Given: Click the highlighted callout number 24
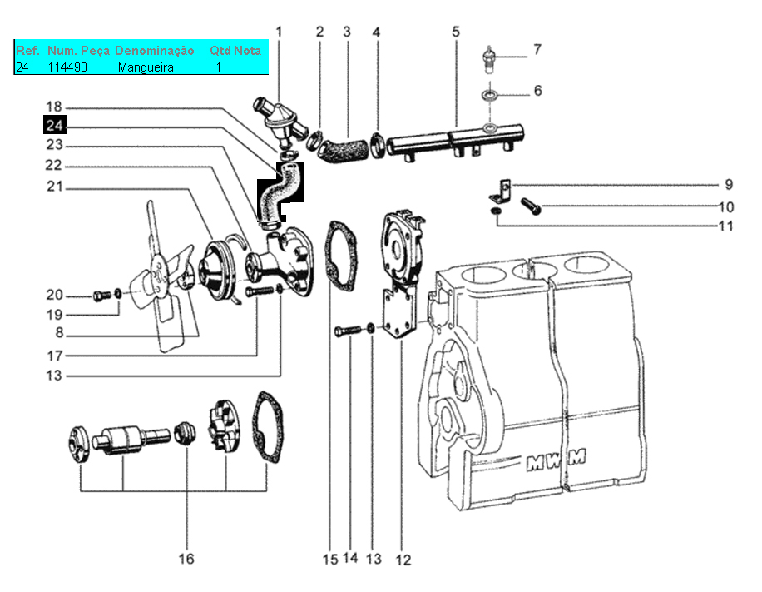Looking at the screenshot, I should point(55,126).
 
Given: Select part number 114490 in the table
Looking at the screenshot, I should point(66,67).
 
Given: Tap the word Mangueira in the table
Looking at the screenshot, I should point(146,67).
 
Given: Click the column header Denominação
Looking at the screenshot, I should point(155,50).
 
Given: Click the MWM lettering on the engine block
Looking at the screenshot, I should point(557,459).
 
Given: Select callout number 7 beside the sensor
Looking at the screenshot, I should point(537,50).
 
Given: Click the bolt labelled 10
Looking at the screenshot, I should point(530,204).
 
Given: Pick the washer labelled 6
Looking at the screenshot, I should point(490,94).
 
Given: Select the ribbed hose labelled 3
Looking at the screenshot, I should point(344,148).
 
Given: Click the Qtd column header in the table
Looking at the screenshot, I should point(220,50).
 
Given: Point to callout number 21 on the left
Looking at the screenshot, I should point(55,187).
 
